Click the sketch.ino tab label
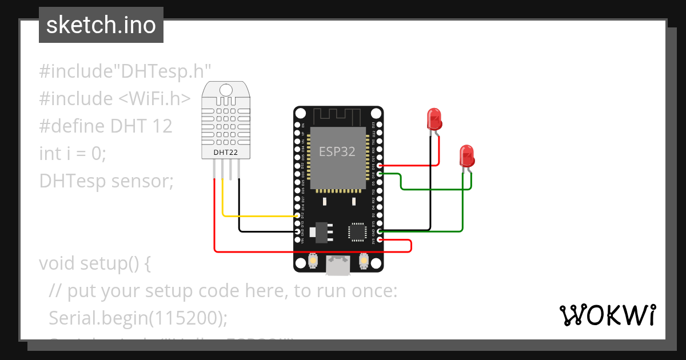(101, 25)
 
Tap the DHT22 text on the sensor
(225, 152)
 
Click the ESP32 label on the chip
(337, 151)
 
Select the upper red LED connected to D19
(434, 120)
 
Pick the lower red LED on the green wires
(466, 156)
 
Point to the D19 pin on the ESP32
(380, 165)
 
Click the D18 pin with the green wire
(380, 173)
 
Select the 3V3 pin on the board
(380, 240)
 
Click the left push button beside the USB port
(313, 261)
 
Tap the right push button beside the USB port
(363, 261)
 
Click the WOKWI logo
(607, 315)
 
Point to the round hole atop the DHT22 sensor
(226, 89)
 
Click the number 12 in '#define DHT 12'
(162, 126)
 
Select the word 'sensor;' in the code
(142, 181)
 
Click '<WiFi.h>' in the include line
(154, 98)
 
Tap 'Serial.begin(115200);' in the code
(134, 317)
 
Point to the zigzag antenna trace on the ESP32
(338, 117)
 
